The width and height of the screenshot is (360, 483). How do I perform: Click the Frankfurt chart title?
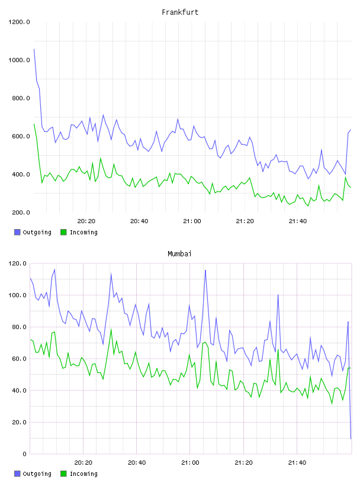[x=180, y=12]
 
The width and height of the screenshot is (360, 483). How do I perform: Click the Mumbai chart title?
[x=179, y=254]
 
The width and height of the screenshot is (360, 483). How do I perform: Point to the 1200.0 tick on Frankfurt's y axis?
[x=19, y=22]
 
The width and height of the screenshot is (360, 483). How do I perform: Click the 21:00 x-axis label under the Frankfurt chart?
[x=192, y=221]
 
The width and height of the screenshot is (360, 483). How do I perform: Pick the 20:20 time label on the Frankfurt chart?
[x=86, y=221]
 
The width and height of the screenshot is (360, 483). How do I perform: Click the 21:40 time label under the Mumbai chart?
[x=297, y=463]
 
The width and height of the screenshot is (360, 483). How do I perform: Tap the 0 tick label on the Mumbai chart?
[x=25, y=454]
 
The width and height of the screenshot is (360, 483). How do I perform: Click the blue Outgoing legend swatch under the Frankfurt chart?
[x=17, y=232]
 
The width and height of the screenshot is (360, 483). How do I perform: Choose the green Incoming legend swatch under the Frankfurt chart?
[x=63, y=232]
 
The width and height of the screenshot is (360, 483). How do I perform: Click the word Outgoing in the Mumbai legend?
[x=37, y=474]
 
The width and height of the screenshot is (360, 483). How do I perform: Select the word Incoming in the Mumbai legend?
[x=83, y=474]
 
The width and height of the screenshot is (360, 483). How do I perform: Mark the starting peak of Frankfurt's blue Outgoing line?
[x=34, y=49]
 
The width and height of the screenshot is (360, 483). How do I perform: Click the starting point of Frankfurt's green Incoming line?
[x=34, y=124]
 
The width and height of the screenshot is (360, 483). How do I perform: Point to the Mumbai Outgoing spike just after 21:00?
[x=205, y=270]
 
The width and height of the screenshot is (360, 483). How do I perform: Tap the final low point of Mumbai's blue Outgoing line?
[x=351, y=439]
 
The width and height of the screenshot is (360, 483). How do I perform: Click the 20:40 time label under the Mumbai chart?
[x=137, y=463]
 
